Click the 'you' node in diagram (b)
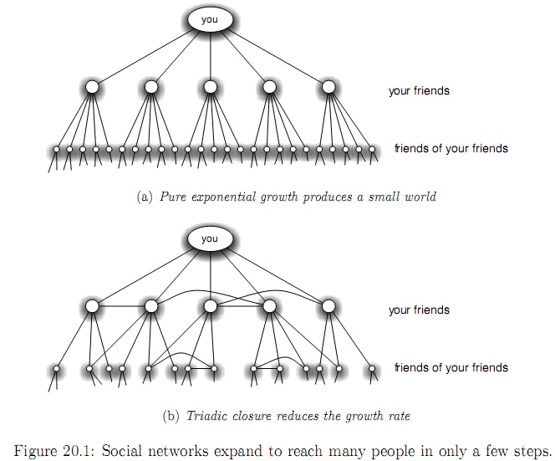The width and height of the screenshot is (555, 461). (x=210, y=239)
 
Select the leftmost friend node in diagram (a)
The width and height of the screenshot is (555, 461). (x=92, y=87)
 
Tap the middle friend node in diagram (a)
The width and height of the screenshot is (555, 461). (x=210, y=87)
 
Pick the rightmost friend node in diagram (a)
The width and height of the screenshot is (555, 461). (x=328, y=87)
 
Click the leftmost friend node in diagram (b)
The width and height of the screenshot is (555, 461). (x=92, y=306)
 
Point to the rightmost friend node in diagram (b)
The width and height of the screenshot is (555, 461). (x=328, y=306)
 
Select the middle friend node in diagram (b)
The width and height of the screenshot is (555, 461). (x=210, y=306)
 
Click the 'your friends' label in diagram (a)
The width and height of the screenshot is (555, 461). (x=419, y=90)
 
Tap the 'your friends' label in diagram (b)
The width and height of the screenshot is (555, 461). (x=419, y=310)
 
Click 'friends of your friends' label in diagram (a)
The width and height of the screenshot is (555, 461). (x=451, y=149)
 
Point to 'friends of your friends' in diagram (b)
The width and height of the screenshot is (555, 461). (x=451, y=367)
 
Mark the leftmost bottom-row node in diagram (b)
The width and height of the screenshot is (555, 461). (x=57, y=368)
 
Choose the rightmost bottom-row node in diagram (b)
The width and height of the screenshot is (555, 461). (x=372, y=368)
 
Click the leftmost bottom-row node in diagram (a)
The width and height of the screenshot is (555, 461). (x=57, y=151)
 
